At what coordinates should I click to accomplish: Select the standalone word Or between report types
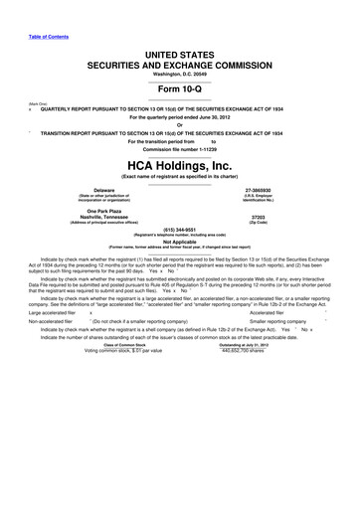(180, 124)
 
